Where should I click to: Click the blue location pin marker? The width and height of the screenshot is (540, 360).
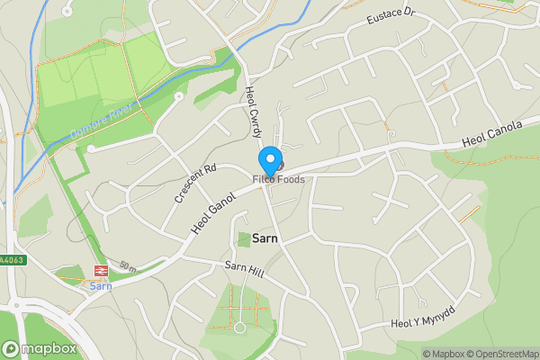tap(269, 161)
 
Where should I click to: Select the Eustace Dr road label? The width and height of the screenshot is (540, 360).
tap(390, 16)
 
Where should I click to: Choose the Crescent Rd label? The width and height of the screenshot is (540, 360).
tap(196, 182)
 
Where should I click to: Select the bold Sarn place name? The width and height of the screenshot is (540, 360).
tap(265, 239)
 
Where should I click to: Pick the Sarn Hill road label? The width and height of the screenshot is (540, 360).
tap(245, 270)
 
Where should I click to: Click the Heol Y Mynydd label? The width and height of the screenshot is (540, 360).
tap(423, 316)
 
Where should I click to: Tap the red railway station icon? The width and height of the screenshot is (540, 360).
tap(99, 271)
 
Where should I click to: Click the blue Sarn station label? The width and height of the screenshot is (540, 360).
tap(99, 285)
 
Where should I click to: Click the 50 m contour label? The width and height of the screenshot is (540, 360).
tap(127, 266)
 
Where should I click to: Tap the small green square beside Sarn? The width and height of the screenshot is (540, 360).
tap(243, 239)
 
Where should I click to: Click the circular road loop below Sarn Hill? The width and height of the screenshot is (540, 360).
tap(239, 327)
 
